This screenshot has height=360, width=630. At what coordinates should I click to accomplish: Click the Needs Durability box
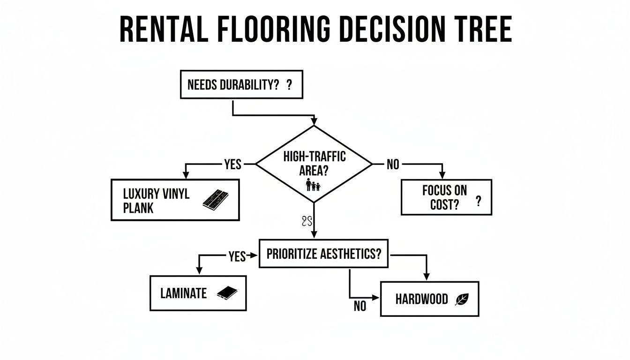241,84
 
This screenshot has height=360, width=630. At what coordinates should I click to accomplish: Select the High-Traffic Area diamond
314,164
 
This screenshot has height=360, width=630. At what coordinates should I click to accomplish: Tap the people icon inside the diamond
313,185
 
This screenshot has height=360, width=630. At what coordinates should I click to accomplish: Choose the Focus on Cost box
446,197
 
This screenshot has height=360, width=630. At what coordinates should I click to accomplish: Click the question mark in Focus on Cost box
478,201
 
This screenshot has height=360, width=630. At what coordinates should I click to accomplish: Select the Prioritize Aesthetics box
323,254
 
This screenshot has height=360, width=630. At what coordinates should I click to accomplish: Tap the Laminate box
198,293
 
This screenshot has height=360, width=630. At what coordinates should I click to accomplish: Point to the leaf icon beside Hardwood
462,299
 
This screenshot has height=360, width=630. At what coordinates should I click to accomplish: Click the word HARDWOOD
421,299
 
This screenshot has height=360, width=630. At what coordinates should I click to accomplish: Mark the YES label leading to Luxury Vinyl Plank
233,165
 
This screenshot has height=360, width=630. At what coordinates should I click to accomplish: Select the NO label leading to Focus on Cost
393,165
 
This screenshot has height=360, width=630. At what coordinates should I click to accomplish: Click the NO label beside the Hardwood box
360,306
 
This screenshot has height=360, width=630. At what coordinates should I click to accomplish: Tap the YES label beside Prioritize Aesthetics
237,256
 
